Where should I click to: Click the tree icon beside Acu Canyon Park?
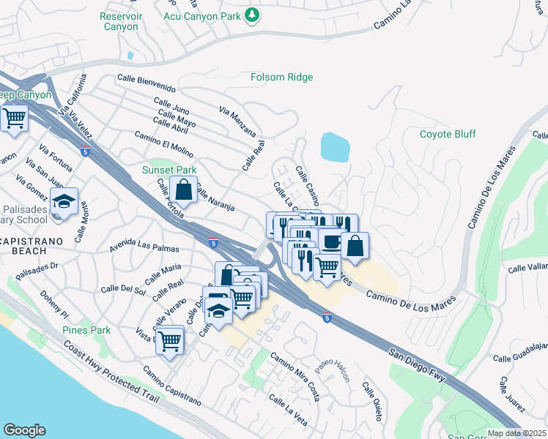coord(253,15)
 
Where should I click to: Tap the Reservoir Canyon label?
coord(119,21)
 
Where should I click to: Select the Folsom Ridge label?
coord(281,77)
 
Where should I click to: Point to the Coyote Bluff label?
coord(447,134)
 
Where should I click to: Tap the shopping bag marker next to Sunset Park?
coord(184,190)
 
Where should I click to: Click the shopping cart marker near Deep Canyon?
coord(14,118)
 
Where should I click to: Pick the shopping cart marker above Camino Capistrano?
coord(170,339)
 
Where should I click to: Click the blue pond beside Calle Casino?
coord(335,147)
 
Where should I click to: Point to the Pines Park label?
coord(86,330)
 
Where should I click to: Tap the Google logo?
coord(24,430)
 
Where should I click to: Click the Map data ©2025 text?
coord(516,433)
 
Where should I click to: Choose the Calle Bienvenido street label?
coord(147,81)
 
